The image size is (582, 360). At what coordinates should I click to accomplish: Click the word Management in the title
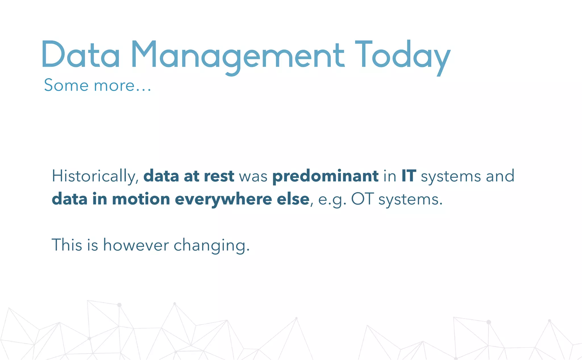238,55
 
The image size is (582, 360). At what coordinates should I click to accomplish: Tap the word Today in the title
402,55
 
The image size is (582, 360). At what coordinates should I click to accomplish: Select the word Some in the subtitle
66,85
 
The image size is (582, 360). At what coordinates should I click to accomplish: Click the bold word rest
219,176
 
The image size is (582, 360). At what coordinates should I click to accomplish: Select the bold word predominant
325,176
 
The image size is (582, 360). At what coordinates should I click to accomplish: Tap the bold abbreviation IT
409,176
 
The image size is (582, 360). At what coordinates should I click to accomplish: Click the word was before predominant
253,177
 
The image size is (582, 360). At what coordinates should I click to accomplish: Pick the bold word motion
141,199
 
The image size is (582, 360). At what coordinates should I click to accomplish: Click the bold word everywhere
223,199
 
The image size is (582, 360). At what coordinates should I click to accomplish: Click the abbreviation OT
362,199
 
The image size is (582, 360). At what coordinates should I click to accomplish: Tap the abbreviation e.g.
332,200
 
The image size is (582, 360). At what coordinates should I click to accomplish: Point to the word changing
211,245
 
